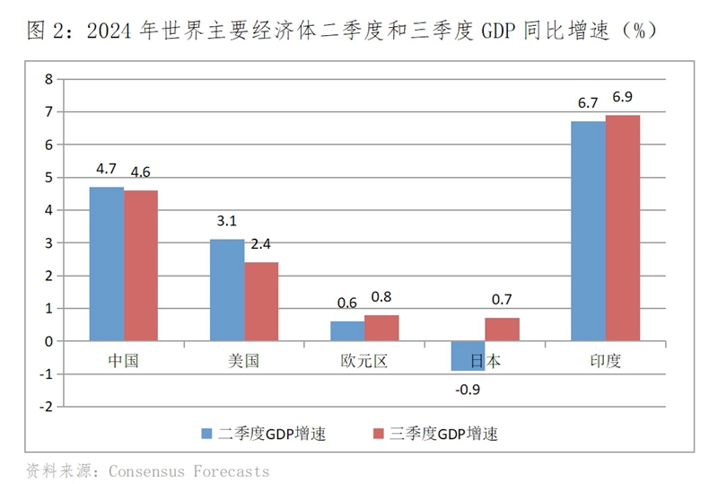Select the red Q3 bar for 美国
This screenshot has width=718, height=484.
click(261, 302)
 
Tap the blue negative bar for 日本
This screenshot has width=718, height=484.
click(468, 356)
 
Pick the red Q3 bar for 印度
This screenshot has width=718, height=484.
click(623, 227)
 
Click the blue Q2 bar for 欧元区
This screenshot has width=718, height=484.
click(347, 331)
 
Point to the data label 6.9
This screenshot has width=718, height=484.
click(622, 97)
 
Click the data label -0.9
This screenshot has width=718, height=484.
click(467, 390)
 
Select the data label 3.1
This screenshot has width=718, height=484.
click(227, 222)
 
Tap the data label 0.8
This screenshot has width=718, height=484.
click(381, 297)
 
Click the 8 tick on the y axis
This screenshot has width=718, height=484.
click(49, 79)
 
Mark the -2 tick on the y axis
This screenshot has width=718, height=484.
click(47, 407)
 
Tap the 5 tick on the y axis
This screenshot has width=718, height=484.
click(49, 178)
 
